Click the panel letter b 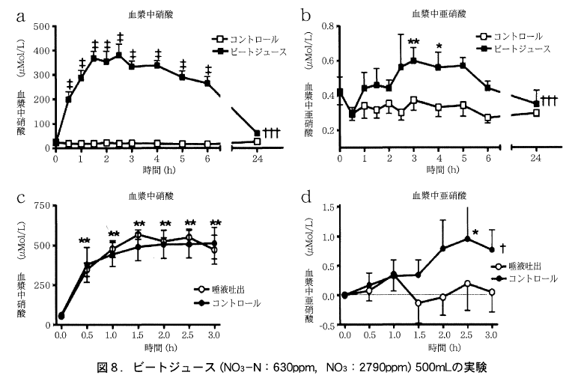point(305,13)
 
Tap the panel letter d point(305,199)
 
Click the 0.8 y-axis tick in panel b point(326,26)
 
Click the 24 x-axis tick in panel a point(257,159)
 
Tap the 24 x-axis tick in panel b point(535,159)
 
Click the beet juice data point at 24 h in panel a point(258,133)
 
